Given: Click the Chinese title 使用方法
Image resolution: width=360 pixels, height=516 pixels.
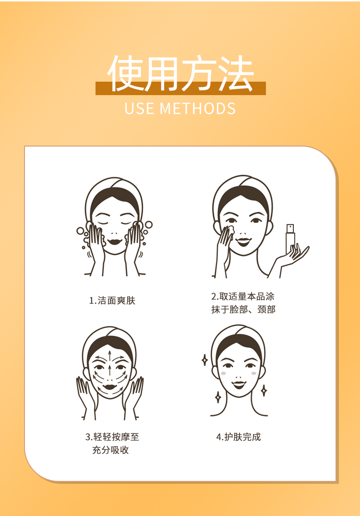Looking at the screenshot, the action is [180, 73].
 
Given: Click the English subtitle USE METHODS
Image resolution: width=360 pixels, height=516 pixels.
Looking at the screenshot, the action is [180, 109].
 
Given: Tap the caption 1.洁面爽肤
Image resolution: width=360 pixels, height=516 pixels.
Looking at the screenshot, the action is [112, 300].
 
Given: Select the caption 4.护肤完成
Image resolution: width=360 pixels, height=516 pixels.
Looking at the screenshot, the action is [239, 437].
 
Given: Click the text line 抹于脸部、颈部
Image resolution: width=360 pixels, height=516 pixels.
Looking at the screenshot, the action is [243, 310].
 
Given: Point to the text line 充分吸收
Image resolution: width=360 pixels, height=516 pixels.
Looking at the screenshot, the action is [110, 450].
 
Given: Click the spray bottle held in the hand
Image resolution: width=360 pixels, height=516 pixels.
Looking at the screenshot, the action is [290, 239].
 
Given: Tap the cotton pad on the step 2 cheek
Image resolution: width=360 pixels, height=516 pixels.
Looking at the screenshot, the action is [229, 229].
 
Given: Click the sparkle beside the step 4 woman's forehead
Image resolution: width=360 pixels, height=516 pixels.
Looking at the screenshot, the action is [204, 360].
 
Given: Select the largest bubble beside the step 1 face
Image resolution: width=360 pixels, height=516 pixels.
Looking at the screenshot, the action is [80, 231].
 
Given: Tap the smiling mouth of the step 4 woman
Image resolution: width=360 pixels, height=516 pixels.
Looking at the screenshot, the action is [239, 384].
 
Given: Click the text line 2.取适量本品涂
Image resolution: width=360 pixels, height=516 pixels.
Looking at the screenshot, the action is [242, 296].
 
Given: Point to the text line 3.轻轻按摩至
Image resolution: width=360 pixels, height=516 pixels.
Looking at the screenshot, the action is [112, 437].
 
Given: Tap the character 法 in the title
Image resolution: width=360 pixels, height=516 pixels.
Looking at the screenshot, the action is [236, 73].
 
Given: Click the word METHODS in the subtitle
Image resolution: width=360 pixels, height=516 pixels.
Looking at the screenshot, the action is [198, 109].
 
